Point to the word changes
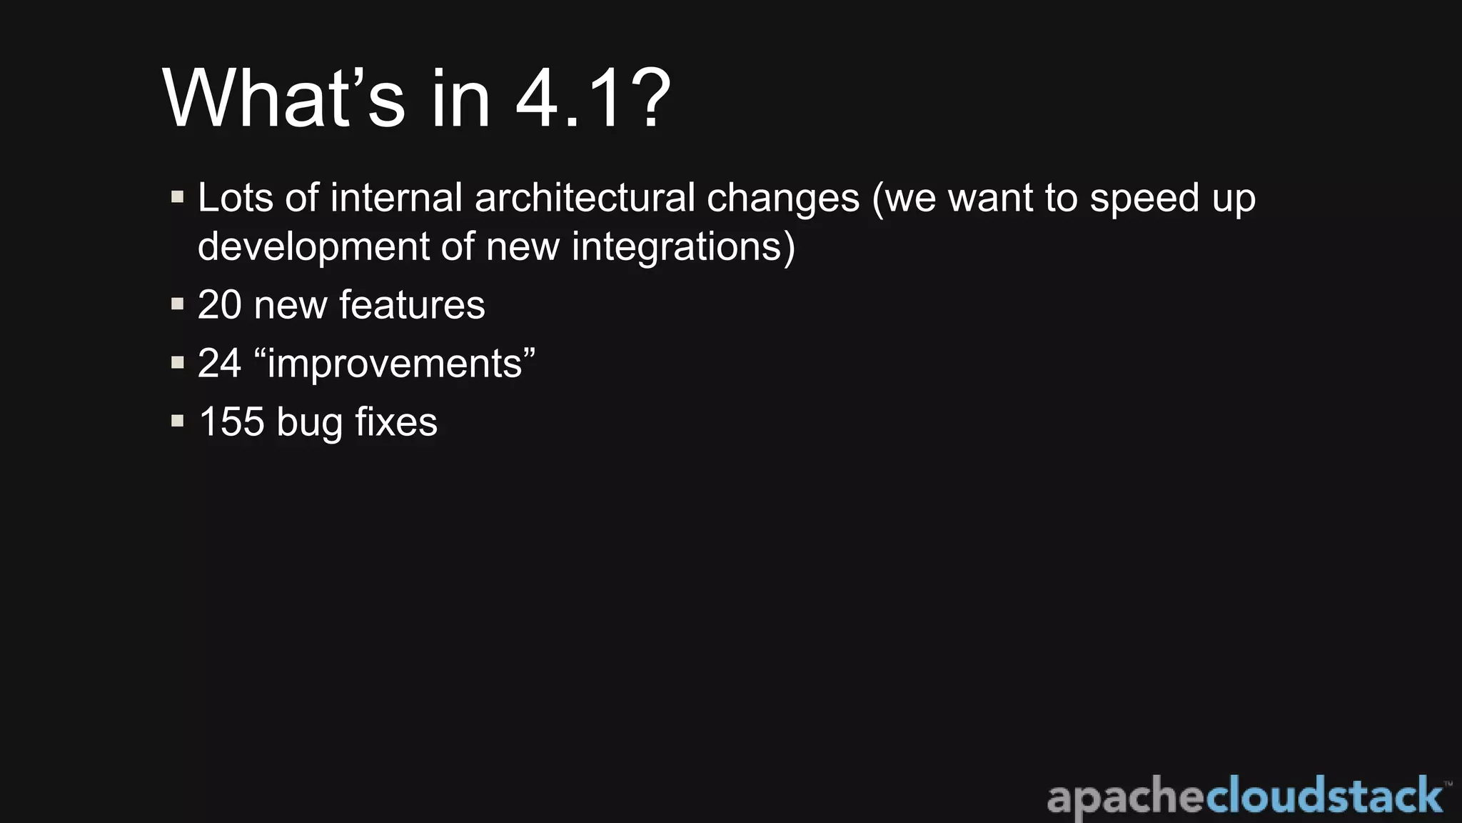(x=783, y=199)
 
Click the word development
(x=313, y=247)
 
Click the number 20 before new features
(x=219, y=305)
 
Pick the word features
(x=412, y=305)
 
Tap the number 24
(x=219, y=364)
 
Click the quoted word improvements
(x=395, y=364)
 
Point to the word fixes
(x=396, y=422)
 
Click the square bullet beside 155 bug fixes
(x=178, y=421)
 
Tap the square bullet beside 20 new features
(x=178, y=304)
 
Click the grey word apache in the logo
(x=1126, y=798)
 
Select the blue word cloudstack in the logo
(x=1324, y=797)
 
